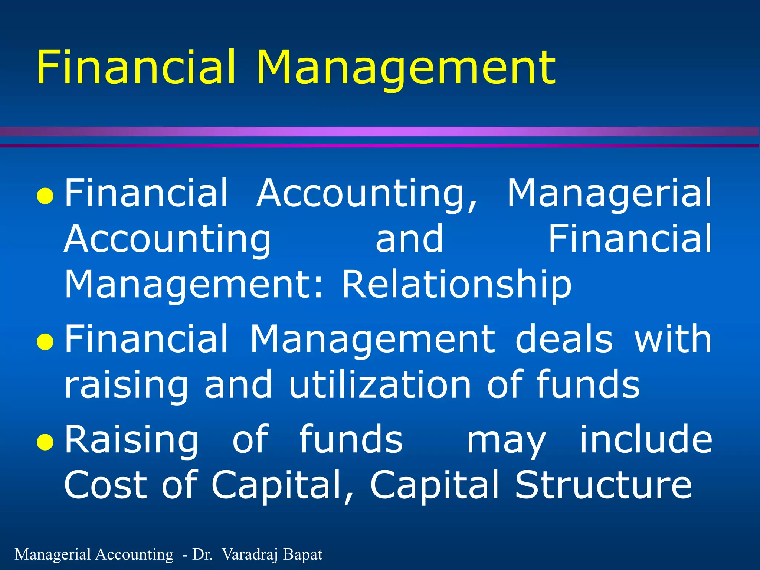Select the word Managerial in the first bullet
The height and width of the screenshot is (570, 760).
[x=609, y=194]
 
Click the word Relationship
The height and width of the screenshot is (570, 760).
[x=456, y=285]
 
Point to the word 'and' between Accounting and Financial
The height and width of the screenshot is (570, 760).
[x=409, y=239]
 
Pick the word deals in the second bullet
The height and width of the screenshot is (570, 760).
[x=564, y=339]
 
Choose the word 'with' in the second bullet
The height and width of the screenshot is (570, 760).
[x=673, y=339]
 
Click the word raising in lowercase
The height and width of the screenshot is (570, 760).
[x=126, y=386]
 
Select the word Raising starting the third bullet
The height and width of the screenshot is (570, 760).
[x=132, y=440]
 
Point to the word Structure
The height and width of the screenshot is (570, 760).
[x=603, y=485]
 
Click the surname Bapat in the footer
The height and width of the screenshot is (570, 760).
[x=302, y=554]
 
